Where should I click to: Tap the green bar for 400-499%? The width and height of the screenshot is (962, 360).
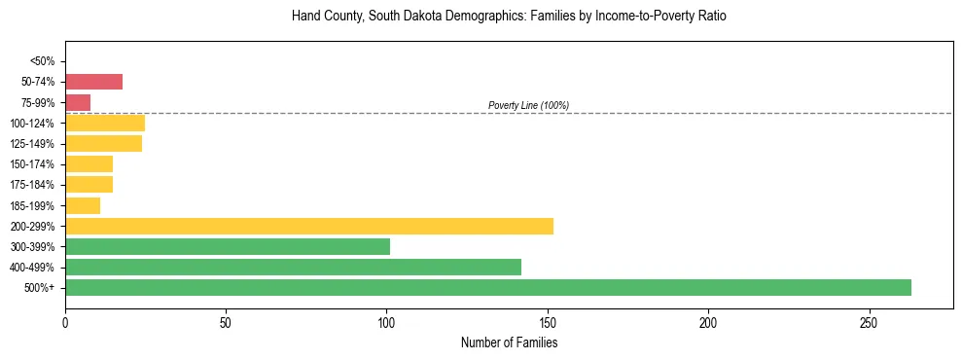click(293, 267)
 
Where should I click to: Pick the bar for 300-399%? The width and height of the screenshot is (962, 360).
click(228, 246)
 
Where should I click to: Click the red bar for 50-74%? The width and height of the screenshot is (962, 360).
click(93, 82)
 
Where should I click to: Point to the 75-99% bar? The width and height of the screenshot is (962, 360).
click(78, 102)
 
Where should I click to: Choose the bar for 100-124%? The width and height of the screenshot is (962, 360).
click(105, 124)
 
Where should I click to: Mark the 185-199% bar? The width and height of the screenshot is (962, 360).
click(83, 205)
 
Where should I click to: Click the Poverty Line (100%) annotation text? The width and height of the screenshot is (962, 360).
click(528, 105)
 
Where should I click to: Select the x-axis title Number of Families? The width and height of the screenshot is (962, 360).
click(509, 342)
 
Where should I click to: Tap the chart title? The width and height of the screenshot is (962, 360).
click(509, 17)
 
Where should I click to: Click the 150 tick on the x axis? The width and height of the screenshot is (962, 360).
click(548, 322)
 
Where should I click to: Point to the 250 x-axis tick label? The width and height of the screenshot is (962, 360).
click(869, 322)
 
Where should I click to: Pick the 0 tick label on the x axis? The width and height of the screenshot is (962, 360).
click(65, 322)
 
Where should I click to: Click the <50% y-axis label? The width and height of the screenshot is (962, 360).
click(43, 61)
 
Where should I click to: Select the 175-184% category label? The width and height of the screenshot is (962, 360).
click(33, 185)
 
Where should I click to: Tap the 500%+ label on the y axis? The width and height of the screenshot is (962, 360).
click(41, 288)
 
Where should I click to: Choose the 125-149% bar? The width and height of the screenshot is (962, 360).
click(103, 144)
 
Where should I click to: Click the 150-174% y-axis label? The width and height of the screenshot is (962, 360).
click(33, 164)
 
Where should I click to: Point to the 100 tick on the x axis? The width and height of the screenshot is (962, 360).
click(387, 322)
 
